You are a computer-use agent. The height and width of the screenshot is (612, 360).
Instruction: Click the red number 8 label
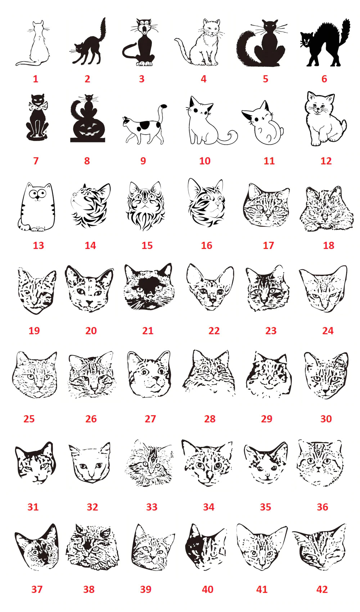87,161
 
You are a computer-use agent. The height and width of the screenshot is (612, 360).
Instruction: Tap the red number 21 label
148,331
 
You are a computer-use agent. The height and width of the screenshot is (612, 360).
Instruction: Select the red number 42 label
322,589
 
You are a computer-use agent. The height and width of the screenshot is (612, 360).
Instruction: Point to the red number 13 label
38,245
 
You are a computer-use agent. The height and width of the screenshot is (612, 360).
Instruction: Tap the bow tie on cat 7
38,105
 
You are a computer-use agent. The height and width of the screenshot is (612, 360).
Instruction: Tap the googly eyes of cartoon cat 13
37,194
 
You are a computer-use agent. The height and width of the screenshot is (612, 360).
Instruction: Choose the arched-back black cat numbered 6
325,43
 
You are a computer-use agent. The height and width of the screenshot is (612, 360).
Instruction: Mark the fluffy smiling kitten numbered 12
325,119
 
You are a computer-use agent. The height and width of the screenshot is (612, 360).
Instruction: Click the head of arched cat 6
306,41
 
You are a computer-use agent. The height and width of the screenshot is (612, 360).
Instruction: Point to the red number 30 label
326,419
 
